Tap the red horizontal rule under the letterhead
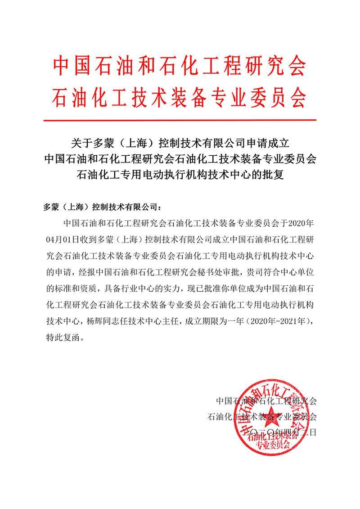tap(180, 120)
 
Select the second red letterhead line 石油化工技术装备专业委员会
tap(180, 95)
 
